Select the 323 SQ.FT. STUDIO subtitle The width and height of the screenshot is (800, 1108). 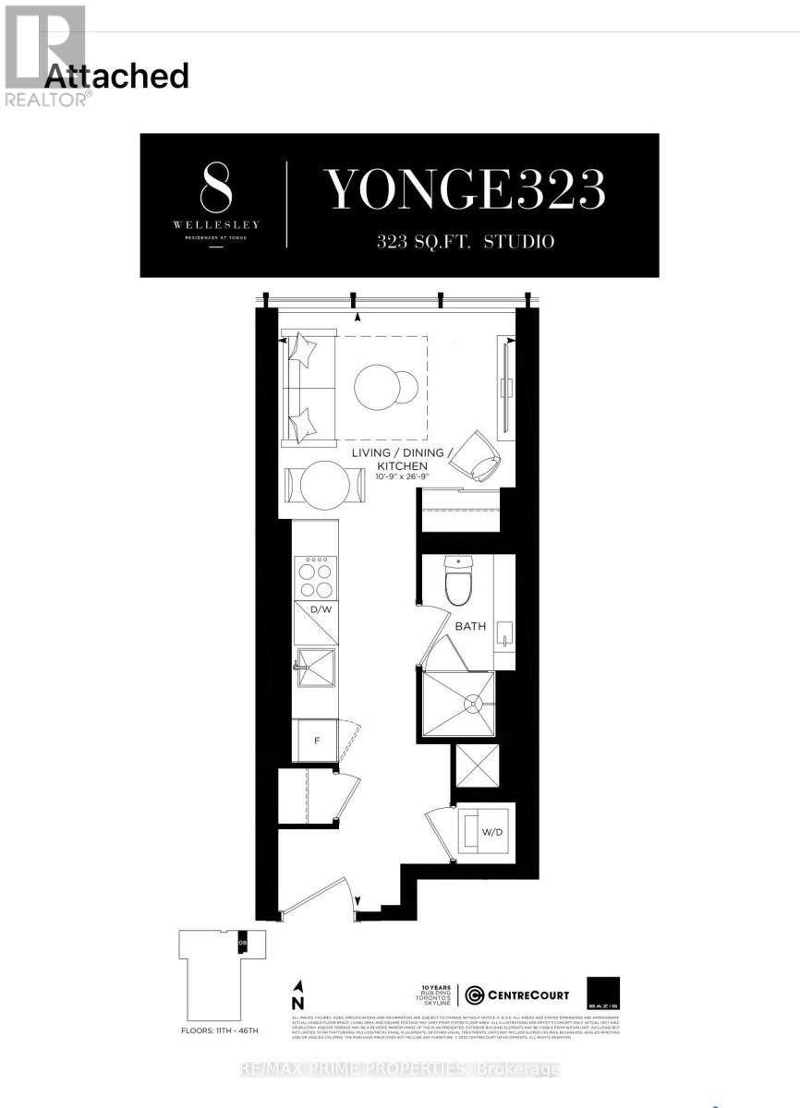466,242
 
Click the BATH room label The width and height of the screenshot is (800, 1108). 469,626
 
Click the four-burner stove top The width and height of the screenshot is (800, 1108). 316,579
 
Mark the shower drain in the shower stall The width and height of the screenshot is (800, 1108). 473,704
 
